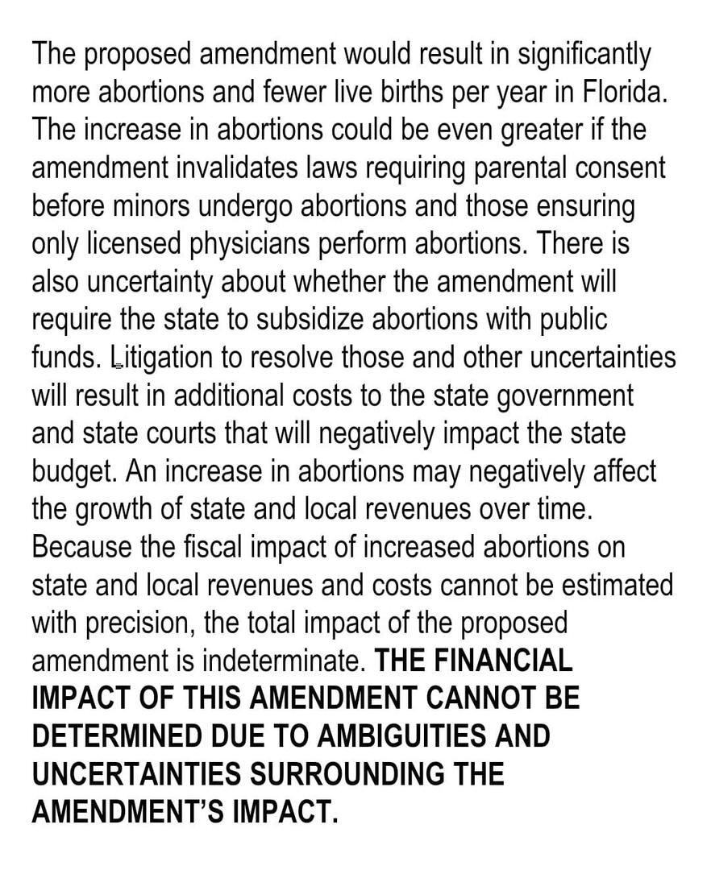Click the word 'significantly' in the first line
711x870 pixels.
[584, 55]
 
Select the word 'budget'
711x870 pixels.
[73, 471]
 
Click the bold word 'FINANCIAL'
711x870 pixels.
[503, 661]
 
